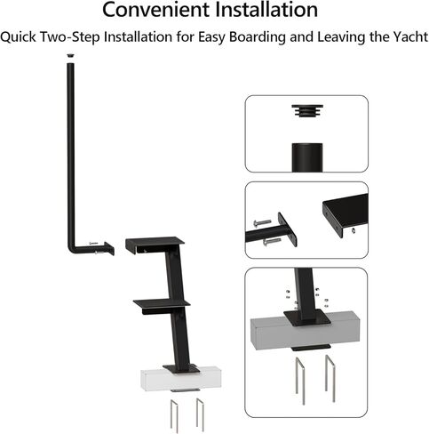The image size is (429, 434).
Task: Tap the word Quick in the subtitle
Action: click(x=19, y=37)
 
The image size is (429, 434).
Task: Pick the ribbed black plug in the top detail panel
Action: click(x=305, y=111)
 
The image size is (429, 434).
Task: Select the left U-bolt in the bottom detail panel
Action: click(x=296, y=378)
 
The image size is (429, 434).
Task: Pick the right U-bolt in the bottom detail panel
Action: click(x=330, y=377)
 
